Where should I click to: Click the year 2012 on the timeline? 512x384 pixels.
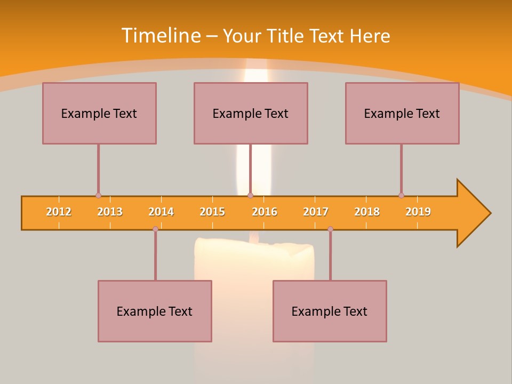[59, 212]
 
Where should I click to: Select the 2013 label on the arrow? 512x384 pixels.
[110, 212]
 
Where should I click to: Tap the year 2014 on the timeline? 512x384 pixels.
[161, 212]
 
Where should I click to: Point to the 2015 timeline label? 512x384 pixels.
[212, 212]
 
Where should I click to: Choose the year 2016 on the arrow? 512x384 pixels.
[265, 212]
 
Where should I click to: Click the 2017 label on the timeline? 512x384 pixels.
[316, 212]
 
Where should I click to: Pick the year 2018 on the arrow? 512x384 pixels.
[367, 212]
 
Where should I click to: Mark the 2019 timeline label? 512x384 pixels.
[418, 212]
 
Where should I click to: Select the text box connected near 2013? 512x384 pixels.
[99, 113]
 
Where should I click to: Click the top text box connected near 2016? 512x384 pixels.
[251, 113]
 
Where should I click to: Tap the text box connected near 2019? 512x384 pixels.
[402, 113]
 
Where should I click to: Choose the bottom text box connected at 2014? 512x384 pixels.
[155, 311]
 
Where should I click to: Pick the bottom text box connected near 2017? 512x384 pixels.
[330, 311]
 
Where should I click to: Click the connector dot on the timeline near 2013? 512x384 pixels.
[98, 195]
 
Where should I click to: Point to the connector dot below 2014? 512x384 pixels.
[155, 229]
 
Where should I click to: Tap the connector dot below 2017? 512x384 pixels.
[330, 229]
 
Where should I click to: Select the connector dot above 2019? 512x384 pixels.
[401, 195]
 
